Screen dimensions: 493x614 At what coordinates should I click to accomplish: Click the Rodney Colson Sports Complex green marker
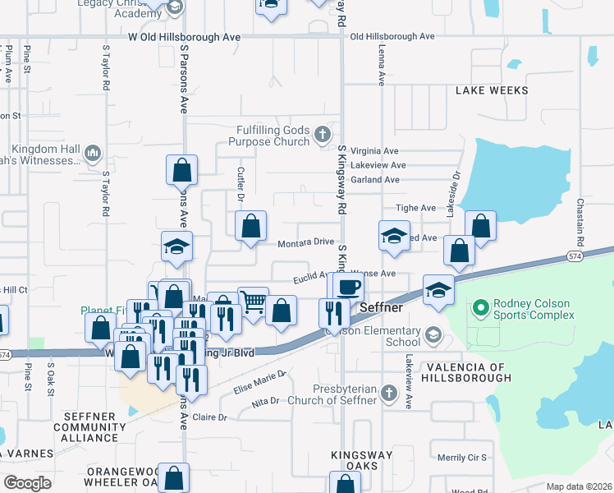[480, 309]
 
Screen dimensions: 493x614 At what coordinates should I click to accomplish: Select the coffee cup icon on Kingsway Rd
[350, 286]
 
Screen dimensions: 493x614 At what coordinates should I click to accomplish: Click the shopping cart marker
[253, 302]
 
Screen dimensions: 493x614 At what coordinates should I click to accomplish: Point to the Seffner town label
[383, 306]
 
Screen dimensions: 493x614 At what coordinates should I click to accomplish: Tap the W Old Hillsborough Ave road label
[185, 37]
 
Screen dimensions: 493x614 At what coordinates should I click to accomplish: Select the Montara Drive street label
[305, 242]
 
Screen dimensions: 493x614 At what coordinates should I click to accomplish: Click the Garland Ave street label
[374, 180]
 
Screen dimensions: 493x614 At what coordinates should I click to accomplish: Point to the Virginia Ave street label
[373, 151]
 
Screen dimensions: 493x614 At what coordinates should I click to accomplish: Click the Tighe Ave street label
[415, 209]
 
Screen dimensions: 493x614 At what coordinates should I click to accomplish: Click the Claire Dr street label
[209, 417]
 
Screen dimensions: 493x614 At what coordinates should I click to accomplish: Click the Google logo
[27, 483]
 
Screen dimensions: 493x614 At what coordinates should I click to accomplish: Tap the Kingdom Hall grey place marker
[92, 153]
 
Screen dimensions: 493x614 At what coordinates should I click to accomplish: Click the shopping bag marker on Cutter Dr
[250, 226]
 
